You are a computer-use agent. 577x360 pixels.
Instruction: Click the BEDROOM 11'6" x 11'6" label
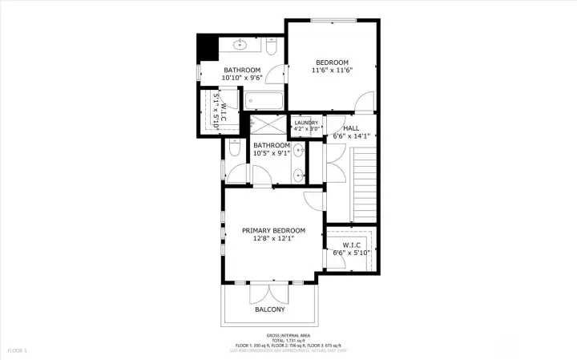click(x=332, y=66)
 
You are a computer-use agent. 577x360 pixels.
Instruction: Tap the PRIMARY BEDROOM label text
click(x=273, y=231)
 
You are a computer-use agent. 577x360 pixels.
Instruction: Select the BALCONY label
click(x=270, y=309)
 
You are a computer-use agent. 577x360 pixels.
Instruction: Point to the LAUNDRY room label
click(x=306, y=123)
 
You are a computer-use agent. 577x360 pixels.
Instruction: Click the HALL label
click(x=350, y=128)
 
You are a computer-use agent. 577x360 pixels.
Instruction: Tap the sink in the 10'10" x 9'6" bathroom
click(x=240, y=45)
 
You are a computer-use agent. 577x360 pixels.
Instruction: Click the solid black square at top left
click(x=208, y=47)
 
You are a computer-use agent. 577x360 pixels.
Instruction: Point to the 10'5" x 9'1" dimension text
click(x=271, y=153)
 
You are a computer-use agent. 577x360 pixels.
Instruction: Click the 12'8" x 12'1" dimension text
click(x=273, y=238)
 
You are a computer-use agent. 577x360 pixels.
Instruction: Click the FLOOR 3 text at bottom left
click(x=18, y=350)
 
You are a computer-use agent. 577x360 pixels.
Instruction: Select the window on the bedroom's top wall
click(x=333, y=21)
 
